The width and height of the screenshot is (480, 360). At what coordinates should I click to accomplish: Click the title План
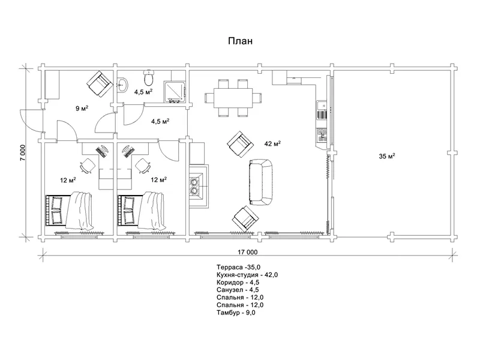[x=241, y=41]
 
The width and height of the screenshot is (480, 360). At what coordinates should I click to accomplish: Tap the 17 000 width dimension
[x=248, y=252]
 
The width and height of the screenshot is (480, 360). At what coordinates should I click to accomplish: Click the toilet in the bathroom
[x=149, y=78]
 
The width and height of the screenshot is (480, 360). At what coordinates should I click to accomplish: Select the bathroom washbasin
[x=122, y=84]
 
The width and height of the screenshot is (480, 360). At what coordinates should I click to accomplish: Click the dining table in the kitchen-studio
[x=233, y=98]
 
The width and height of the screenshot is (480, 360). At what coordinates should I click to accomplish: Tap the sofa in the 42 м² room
[x=260, y=182]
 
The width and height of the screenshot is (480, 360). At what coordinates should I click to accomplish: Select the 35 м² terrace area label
[x=386, y=156]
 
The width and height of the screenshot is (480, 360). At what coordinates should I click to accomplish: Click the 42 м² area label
[x=272, y=143]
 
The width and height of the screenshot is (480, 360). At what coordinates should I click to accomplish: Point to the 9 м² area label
[x=82, y=108]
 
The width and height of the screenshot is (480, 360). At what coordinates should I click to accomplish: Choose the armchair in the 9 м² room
[x=100, y=84]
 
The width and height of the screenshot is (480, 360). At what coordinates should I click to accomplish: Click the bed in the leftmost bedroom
[x=70, y=211]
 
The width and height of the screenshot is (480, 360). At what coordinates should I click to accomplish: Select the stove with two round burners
[x=194, y=186]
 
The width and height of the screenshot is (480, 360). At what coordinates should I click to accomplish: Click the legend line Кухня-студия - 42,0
[x=247, y=275]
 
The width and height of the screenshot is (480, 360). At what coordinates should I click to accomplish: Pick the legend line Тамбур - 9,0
[x=236, y=313]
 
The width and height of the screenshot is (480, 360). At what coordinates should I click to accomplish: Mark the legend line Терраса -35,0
[x=238, y=267]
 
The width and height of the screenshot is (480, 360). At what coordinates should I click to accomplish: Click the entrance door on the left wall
[x=32, y=121]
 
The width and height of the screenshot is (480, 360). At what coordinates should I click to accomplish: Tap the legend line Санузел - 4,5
[x=238, y=290]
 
